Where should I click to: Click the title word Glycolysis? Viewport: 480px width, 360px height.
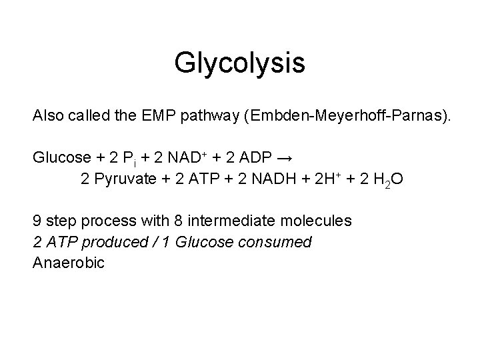tap(239, 63)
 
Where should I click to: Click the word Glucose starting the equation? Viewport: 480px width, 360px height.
tap(62, 158)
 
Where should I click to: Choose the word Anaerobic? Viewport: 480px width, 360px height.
tap(69, 263)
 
